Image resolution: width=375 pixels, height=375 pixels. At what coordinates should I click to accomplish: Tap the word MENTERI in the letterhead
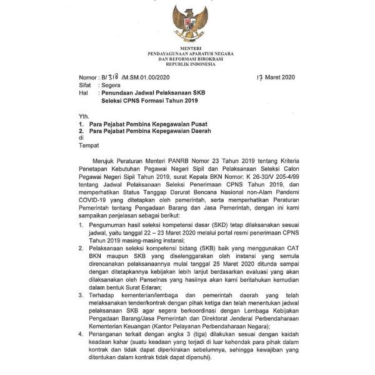[x=187, y=48]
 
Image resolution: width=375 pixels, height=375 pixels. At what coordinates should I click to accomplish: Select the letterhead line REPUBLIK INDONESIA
[x=187, y=65]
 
